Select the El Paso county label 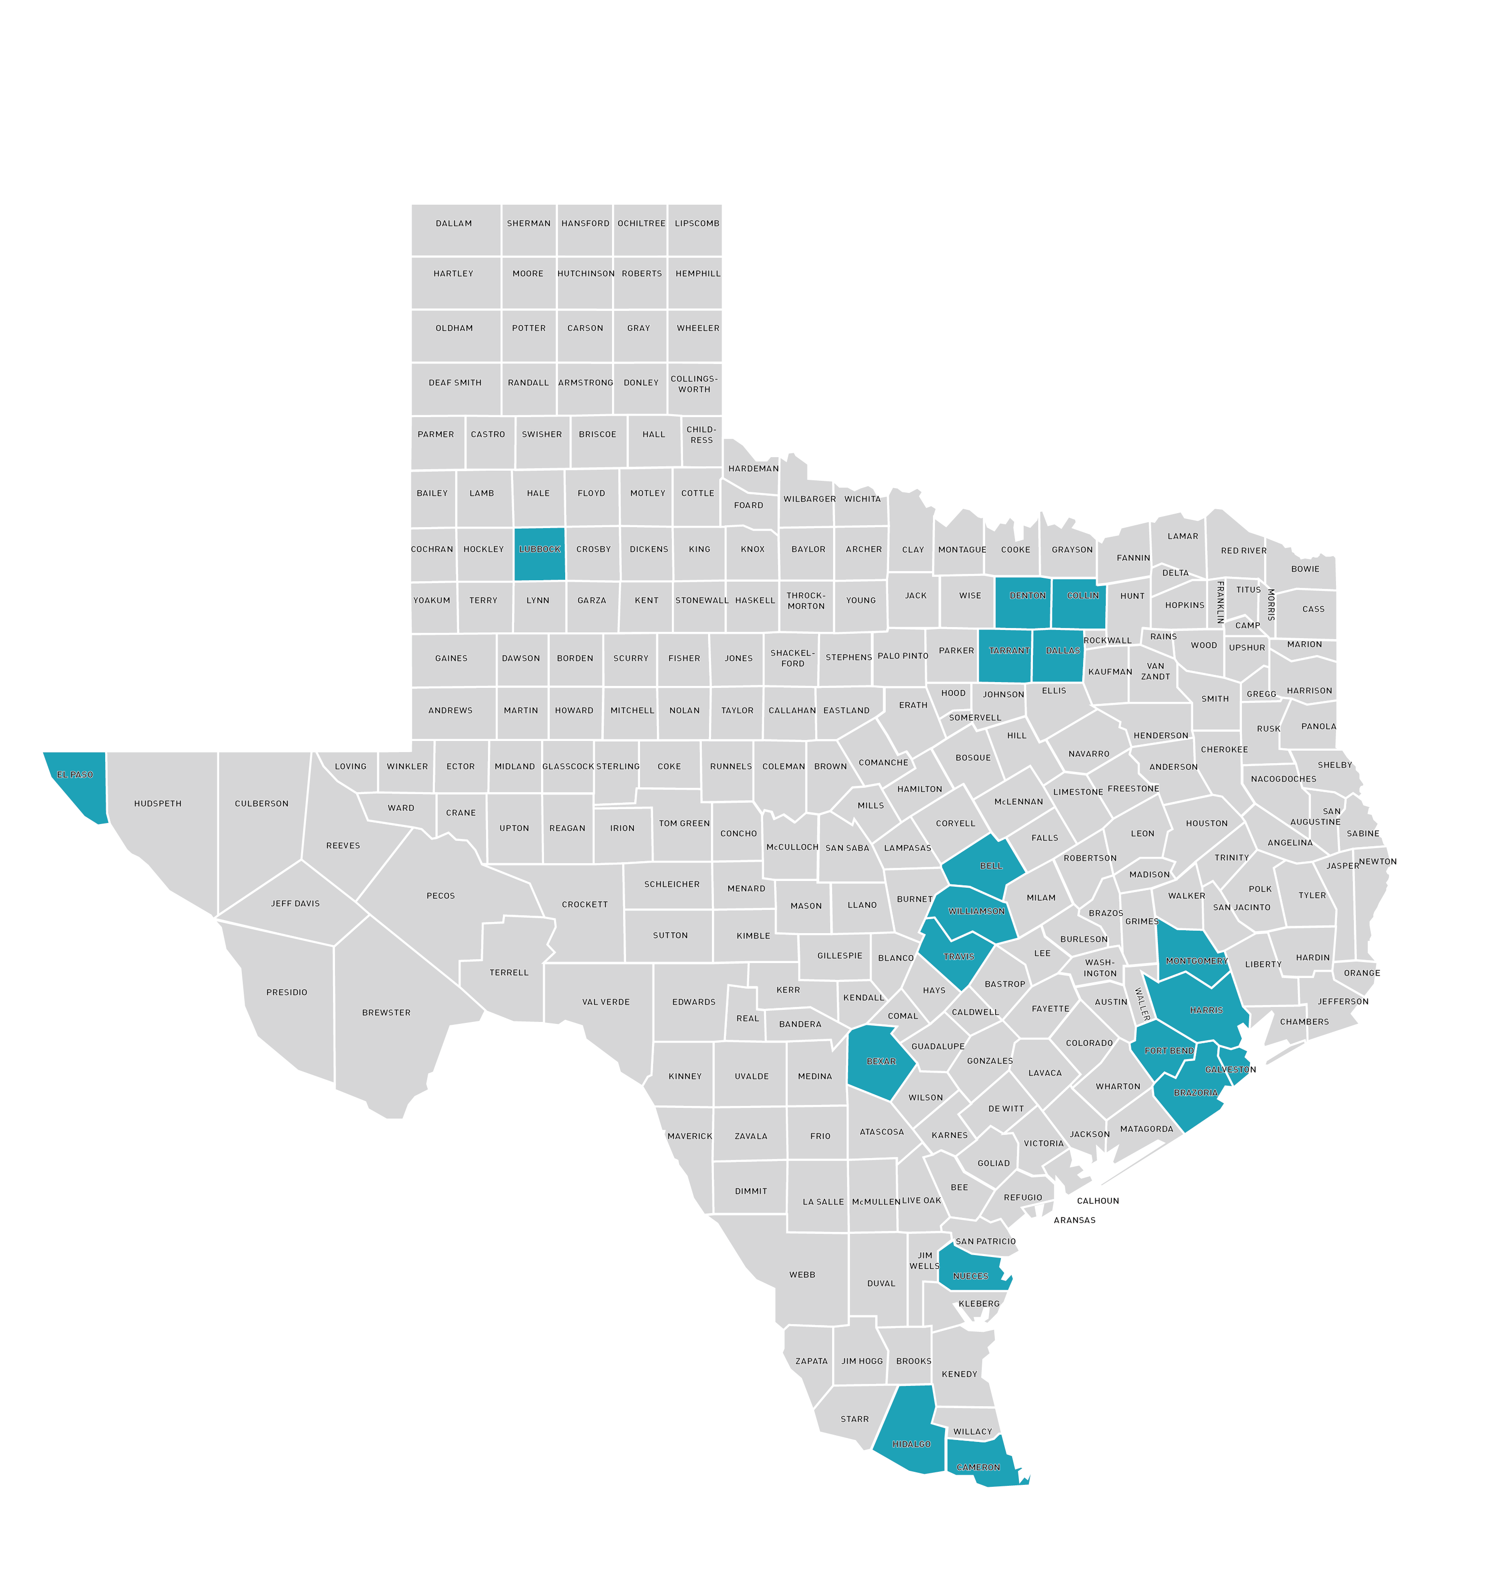click(74, 775)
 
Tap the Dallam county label click(453, 224)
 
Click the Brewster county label click(386, 1013)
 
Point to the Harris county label click(1206, 1010)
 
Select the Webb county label click(802, 1275)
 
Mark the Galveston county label click(1230, 1070)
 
